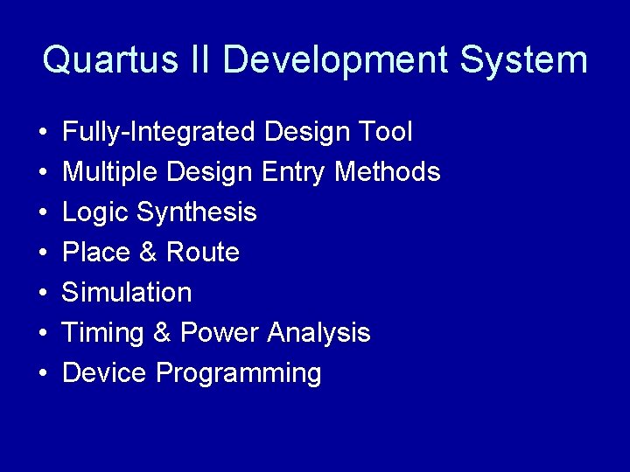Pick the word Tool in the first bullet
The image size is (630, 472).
tap(385, 132)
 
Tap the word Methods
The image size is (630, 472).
tap(388, 172)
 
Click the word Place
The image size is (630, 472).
tap(96, 253)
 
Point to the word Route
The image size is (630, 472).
tap(202, 253)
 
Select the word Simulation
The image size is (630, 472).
tap(127, 293)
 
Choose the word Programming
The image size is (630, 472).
tap(238, 373)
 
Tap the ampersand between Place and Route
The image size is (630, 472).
tap(148, 253)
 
